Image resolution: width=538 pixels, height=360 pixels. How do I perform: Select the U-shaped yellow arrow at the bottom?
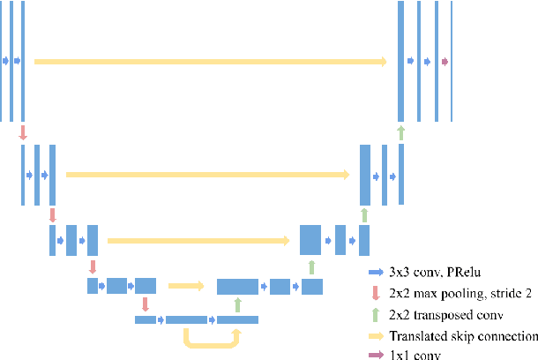click(211, 340)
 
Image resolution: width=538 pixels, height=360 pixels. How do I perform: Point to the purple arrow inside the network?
click(445, 61)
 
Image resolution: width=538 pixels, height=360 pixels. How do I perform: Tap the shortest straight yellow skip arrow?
click(185, 285)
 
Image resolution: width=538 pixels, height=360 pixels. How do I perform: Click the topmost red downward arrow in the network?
click(23, 132)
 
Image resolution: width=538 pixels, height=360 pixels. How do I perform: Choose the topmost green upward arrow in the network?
click(401, 132)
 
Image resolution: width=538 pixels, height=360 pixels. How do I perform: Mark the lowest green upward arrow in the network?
click(237, 304)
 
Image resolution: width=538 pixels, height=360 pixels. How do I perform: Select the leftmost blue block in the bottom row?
click(145, 319)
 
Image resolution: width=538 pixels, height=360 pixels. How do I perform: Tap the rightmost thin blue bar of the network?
click(452, 61)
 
